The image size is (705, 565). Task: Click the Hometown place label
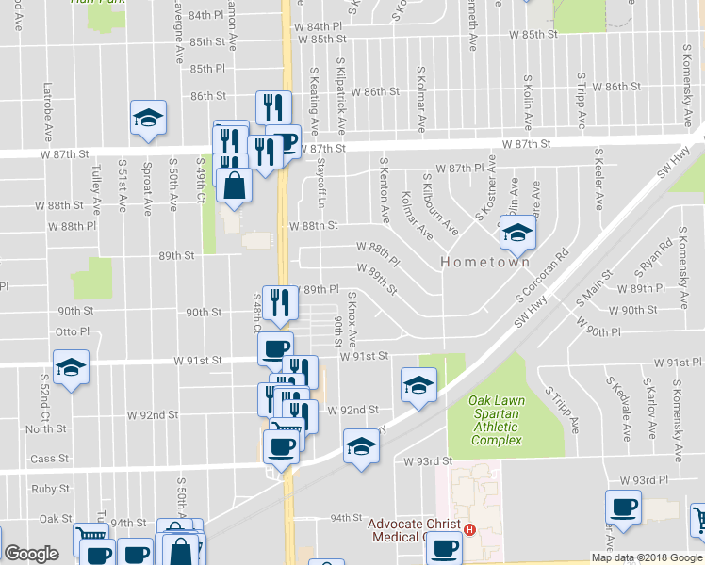click(484, 264)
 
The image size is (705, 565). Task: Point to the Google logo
click(31, 554)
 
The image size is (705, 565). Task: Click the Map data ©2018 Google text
click(648, 557)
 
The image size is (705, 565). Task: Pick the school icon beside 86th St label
click(148, 118)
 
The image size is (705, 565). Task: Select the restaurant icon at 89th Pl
click(279, 301)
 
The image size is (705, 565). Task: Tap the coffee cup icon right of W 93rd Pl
click(623, 508)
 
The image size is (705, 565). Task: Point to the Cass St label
click(50, 459)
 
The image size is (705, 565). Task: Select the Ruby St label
click(51, 489)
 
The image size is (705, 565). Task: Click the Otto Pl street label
click(73, 331)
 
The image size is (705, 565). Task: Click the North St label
click(46, 428)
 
